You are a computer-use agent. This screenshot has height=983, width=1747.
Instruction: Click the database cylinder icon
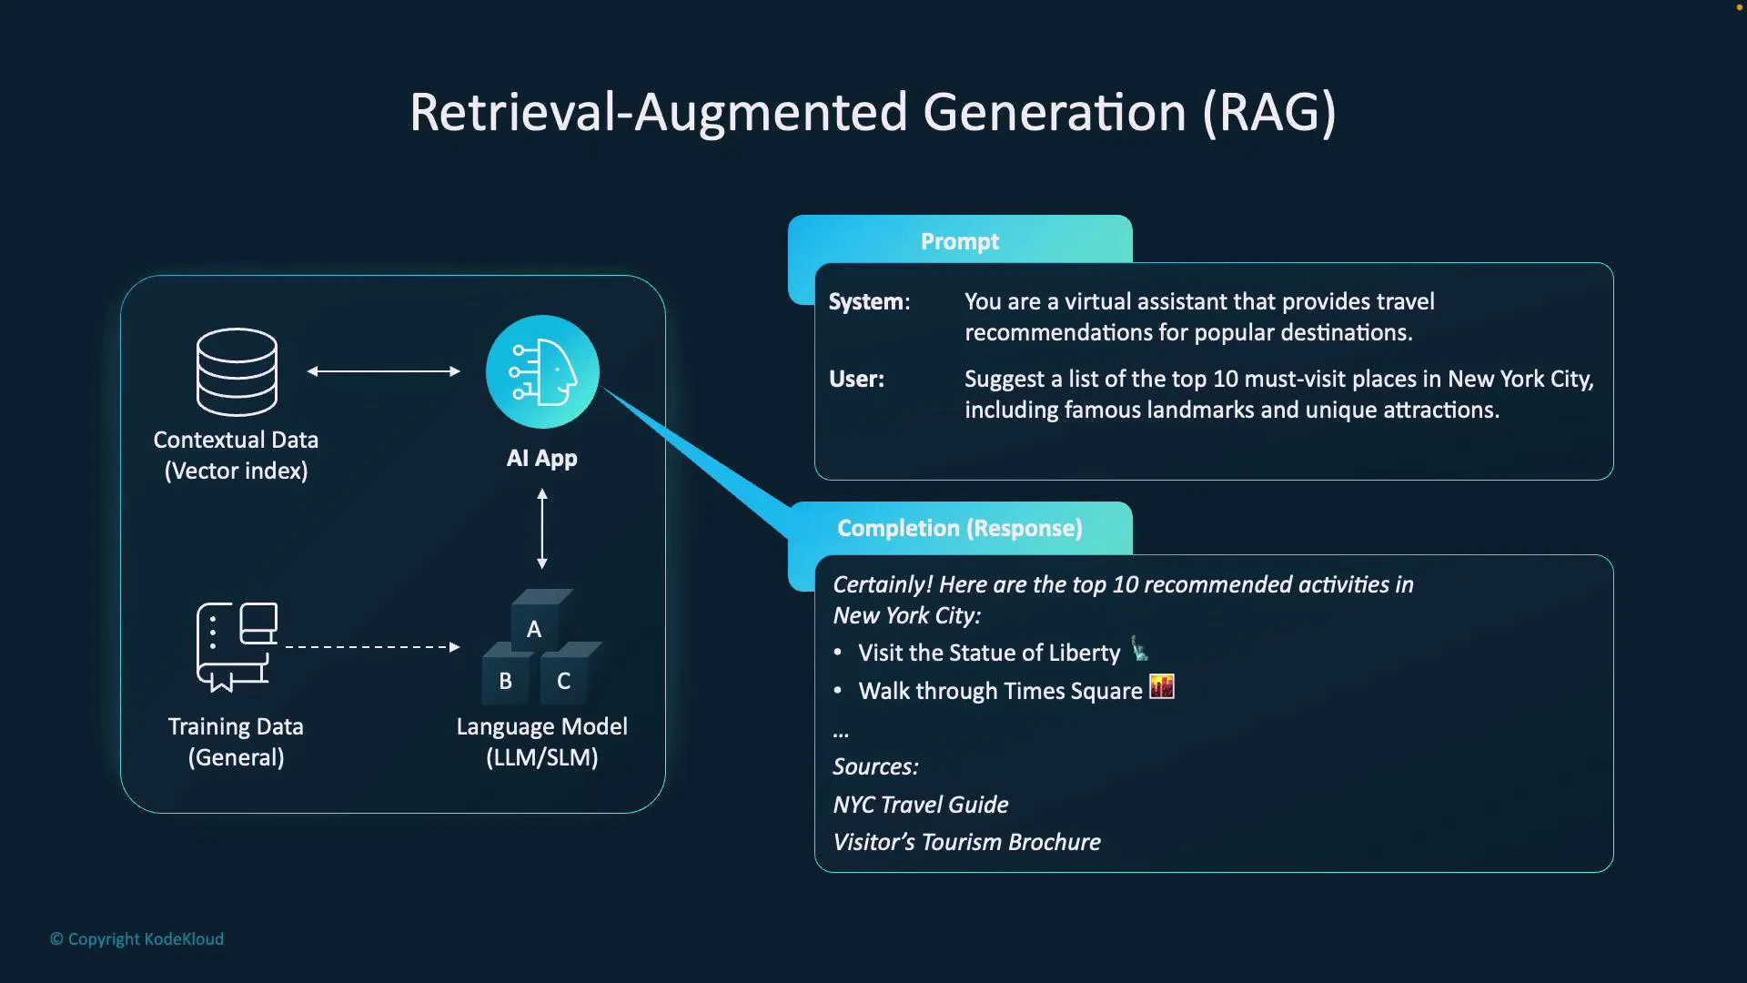tap(237, 371)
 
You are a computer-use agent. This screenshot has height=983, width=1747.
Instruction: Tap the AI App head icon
tap(542, 371)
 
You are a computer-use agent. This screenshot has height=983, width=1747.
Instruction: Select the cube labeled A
tap(536, 624)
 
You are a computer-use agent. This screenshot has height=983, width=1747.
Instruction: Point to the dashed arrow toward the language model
tap(373, 647)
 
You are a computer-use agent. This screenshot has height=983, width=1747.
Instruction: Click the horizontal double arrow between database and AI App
tap(384, 371)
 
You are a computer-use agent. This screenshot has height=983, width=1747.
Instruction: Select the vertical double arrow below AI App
tap(542, 529)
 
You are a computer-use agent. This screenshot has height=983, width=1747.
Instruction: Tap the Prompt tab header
tap(960, 241)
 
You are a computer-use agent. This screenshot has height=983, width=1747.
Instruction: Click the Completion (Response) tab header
tap(960, 528)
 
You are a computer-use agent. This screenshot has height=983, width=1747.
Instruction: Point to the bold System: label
tap(869, 302)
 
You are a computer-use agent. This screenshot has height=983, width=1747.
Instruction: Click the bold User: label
tap(856, 380)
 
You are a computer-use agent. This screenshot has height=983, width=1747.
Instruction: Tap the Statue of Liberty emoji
tap(1139, 650)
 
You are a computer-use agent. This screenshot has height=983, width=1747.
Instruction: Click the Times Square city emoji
tap(1162, 687)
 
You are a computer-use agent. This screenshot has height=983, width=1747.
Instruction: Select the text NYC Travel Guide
tap(921, 805)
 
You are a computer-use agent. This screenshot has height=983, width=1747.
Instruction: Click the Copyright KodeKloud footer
tap(137, 938)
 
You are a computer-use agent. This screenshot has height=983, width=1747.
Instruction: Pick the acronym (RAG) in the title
tap(1269, 113)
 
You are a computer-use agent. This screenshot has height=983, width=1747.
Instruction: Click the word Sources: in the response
tap(875, 766)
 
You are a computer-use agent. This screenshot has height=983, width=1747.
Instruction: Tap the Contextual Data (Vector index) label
tap(236, 455)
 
